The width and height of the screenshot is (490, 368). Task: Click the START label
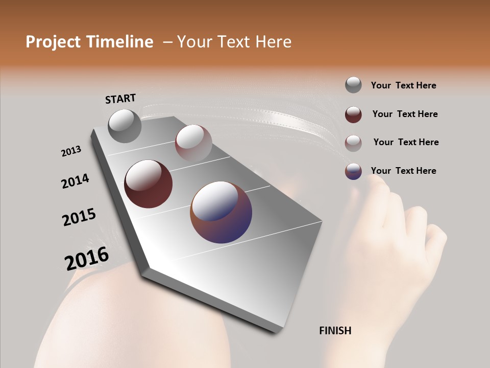pyautogui.click(x=120, y=98)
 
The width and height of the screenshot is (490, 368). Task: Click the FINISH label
pyautogui.click(x=335, y=331)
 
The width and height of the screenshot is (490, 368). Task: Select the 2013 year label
pyautogui.click(x=71, y=151)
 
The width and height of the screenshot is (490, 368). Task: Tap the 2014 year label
pyautogui.click(x=75, y=181)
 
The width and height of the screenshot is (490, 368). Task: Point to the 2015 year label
pyautogui.click(x=79, y=217)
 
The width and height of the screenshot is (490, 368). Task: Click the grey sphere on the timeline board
pyautogui.click(x=125, y=126)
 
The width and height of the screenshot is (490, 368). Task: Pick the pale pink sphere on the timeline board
pyautogui.click(x=193, y=143)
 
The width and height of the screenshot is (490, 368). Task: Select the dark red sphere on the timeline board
pyautogui.click(x=148, y=184)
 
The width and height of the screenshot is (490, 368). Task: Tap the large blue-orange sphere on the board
pyautogui.click(x=221, y=212)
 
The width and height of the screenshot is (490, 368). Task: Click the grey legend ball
pyautogui.click(x=353, y=85)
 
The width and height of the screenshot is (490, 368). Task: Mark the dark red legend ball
pyautogui.click(x=353, y=114)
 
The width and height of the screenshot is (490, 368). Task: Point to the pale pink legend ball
pyautogui.click(x=353, y=143)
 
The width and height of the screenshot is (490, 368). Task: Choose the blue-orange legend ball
pyautogui.click(x=353, y=171)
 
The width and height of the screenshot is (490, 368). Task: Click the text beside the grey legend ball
pyautogui.click(x=403, y=85)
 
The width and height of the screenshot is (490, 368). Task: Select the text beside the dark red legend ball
pyautogui.click(x=405, y=114)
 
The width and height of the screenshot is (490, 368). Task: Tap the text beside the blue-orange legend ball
pyautogui.click(x=403, y=171)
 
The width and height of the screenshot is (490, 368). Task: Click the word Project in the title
pyautogui.click(x=53, y=42)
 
